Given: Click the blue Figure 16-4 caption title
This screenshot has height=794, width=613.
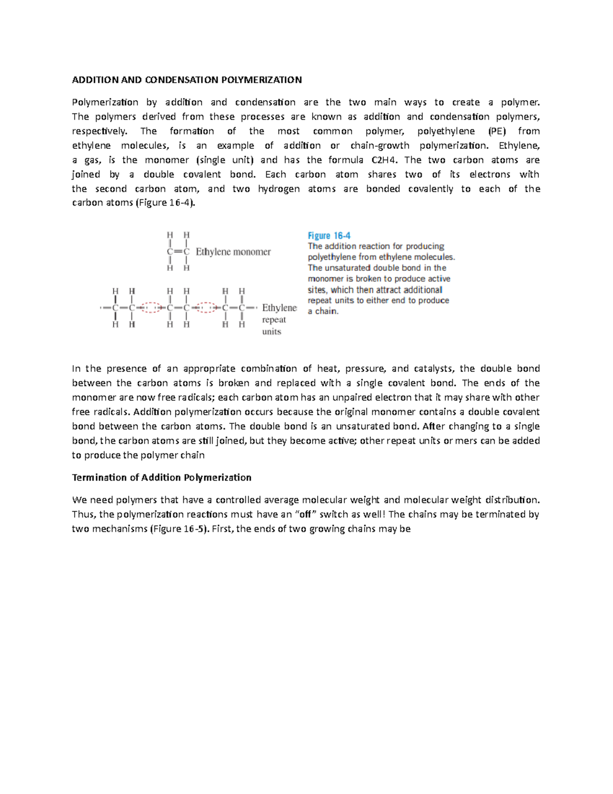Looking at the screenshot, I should tap(329, 236).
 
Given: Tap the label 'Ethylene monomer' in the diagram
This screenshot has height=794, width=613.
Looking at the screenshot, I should tap(233, 252).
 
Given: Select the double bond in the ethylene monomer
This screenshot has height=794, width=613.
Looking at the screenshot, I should tap(177, 252).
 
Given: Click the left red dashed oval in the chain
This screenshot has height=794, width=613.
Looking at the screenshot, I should tap(151, 307).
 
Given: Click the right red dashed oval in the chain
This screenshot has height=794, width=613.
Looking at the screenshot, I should tap(206, 307).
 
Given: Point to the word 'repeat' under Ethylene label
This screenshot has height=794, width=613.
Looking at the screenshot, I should tap(274, 320).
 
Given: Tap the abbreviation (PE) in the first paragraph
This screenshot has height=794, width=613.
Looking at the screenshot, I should tap(497, 131).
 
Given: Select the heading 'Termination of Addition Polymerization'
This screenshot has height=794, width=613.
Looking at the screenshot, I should tap(161, 478).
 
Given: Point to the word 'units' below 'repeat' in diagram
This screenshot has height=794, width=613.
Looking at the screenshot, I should tap(271, 332).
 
